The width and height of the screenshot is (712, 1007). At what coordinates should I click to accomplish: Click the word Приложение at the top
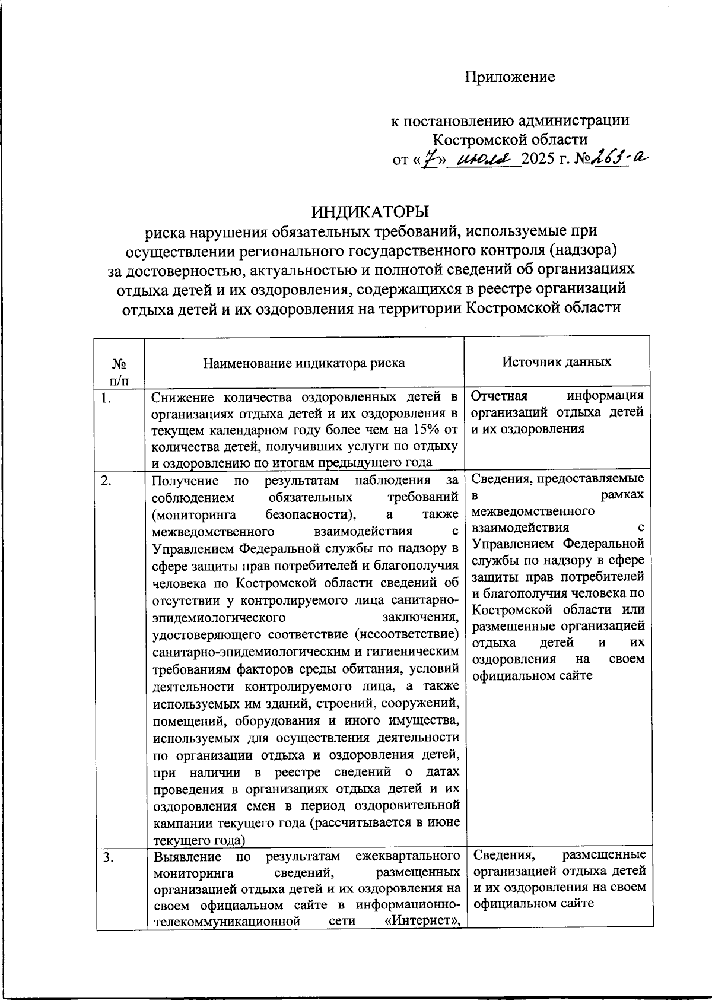[509, 77]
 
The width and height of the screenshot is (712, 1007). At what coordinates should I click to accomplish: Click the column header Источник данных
[557, 361]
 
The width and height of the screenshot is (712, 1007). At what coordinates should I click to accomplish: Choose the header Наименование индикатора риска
[304, 363]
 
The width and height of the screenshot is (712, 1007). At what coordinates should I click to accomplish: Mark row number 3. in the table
[107, 856]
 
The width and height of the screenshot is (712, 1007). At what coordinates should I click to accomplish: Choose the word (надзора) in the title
[584, 250]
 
